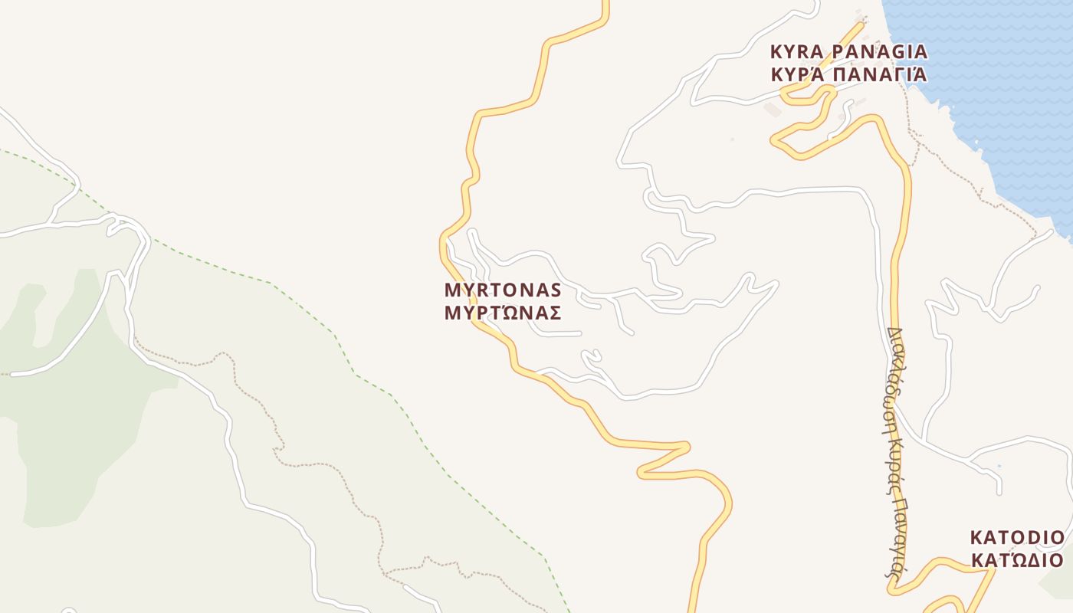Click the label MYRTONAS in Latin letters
(503, 290)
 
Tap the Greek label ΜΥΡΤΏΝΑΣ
(503, 313)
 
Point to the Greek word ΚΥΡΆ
(797, 75)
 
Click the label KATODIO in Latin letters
(1017, 536)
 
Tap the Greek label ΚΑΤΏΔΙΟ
(1017, 560)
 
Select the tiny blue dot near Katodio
(998, 466)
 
